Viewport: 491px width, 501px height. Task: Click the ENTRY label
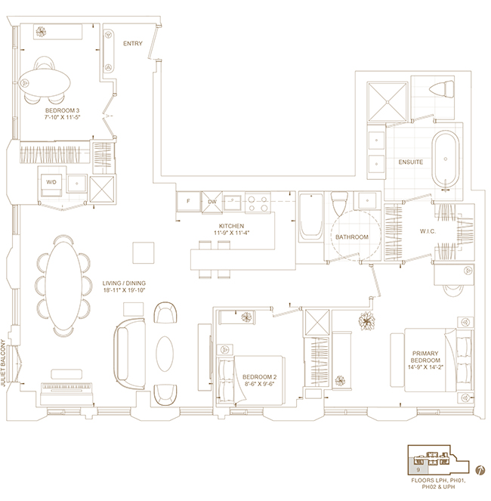(x=133, y=44)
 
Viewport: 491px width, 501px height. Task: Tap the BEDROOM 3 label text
(x=62, y=110)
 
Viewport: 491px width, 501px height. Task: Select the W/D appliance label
(x=51, y=182)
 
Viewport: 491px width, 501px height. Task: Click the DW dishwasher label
(x=212, y=202)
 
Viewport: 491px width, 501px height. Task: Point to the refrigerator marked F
(x=189, y=201)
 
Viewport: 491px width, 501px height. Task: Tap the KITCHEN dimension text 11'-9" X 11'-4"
(x=232, y=233)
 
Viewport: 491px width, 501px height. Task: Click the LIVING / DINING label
(x=124, y=283)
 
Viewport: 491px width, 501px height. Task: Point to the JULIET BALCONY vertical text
(x=4, y=363)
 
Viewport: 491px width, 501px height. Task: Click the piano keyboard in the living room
(x=67, y=387)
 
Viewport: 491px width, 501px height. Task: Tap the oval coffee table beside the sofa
(x=165, y=354)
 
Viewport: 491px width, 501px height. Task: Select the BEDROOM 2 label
(x=259, y=377)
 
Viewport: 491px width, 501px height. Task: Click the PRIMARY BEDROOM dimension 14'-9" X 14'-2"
(x=425, y=367)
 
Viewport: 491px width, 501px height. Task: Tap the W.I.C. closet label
(x=428, y=231)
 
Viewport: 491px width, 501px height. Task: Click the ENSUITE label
(x=410, y=162)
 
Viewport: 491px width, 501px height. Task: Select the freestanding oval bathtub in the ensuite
(x=446, y=159)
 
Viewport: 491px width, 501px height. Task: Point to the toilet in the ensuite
(x=442, y=88)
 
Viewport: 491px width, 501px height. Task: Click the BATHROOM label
(x=352, y=237)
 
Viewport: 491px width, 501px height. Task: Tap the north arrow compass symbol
(x=480, y=470)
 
